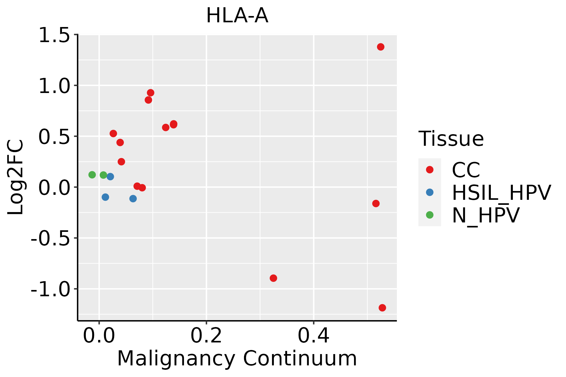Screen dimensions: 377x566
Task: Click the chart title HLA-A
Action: click(x=237, y=16)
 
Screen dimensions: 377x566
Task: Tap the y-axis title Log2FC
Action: click(x=16, y=177)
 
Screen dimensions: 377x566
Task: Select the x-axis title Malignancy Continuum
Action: click(x=237, y=358)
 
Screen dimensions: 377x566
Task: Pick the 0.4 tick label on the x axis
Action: click(x=314, y=336)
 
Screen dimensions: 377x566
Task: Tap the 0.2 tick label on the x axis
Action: click(x=206, y=336)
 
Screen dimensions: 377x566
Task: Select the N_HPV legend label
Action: click(x=486, y=215)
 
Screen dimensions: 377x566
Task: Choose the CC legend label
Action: click(x=466, y=170)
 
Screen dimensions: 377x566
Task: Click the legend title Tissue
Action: click(x=451, y=139)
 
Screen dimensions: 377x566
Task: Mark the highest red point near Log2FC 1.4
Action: click(x=380, y=47)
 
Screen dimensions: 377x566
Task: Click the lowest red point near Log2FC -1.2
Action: click(x=382, y=308)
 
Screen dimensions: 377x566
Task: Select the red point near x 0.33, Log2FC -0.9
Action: click(x=273, y=278)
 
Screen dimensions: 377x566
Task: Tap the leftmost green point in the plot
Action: click(x=92, y=175)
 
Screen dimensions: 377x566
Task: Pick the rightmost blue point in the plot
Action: click(x=133, y=199)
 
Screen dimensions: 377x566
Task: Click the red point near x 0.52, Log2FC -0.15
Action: click(x=376, y=204)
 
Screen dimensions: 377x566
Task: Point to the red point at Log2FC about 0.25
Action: click(x=121, y=162)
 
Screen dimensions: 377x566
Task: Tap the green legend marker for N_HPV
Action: click(x=430, y=215)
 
